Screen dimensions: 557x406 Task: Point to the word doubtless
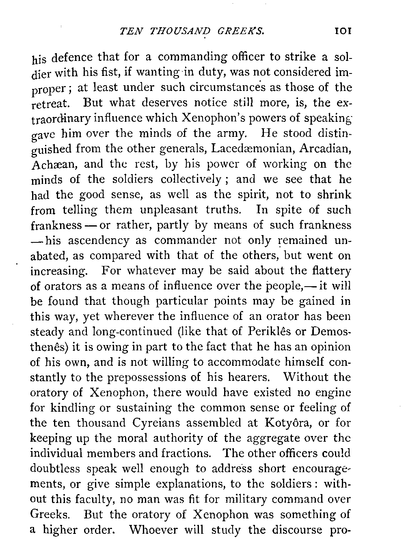coord(55,469)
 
